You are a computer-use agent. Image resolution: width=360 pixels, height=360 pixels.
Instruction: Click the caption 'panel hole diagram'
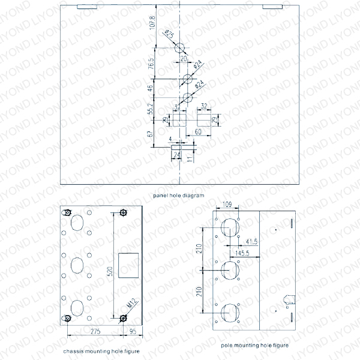(178, 196)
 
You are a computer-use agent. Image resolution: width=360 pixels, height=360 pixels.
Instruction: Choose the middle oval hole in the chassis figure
(77, 265)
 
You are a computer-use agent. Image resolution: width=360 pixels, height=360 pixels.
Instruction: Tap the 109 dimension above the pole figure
(227, 205)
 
